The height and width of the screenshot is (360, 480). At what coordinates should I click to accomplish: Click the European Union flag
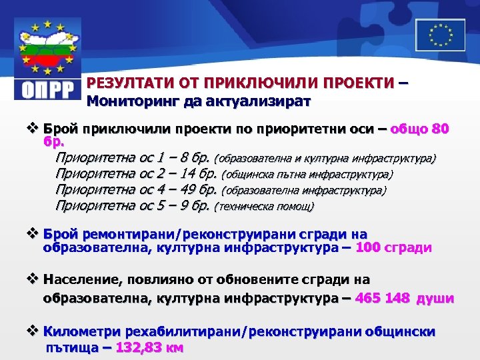click(x=441, y=34)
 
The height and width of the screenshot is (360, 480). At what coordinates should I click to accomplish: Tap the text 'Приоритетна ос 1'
click(x=111, y=159)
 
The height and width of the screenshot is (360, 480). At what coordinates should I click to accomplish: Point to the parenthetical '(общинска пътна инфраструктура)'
click(x=307, y=175)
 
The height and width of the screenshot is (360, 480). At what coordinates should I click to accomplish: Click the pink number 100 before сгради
click(x=369, y=248)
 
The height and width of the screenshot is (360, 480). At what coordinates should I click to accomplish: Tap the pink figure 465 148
click(x=383, y=298)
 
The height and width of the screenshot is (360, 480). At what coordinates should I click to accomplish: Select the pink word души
click(x=435, y=298)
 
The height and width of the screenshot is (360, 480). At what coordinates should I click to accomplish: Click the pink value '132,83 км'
click(x=150, y=347)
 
